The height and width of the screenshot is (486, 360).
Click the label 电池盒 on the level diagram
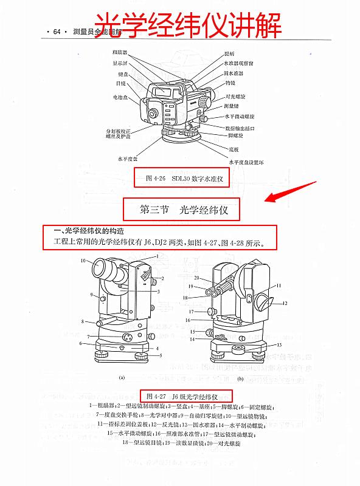119,97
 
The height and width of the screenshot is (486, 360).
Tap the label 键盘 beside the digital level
119,74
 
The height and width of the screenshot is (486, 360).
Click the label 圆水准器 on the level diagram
235,73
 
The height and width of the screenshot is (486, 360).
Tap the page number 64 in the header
58,32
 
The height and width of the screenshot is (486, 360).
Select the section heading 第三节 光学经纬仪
183,210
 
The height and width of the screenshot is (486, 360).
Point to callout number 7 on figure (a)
88,336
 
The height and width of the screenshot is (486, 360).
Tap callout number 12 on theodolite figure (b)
284,303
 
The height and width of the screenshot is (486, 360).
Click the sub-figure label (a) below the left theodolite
122,377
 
